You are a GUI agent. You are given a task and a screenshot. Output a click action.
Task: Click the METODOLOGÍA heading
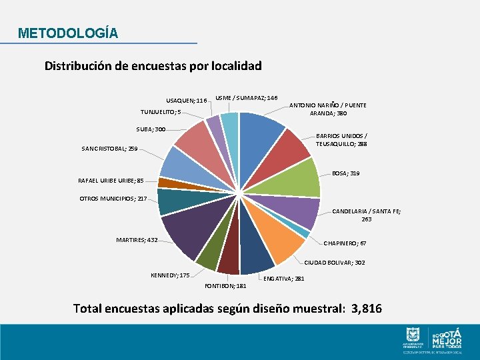coord(68,33)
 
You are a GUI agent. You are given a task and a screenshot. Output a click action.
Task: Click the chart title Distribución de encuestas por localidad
coord(153,66)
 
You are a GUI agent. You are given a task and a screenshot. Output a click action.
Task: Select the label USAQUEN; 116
coord(187,101)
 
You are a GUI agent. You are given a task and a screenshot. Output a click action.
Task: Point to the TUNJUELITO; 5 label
coord(160,112)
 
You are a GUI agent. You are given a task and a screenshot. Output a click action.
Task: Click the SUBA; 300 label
coord(150,129)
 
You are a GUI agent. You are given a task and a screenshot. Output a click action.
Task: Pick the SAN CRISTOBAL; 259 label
coord(109,149)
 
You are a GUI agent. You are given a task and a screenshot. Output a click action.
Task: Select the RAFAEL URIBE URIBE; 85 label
coord(111,180)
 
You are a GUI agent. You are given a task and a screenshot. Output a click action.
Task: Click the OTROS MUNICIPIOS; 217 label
coord(113,198)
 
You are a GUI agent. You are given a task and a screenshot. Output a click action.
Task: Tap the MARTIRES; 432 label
coord(137,239)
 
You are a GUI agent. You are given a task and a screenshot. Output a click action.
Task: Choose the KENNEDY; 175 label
coord(171,275)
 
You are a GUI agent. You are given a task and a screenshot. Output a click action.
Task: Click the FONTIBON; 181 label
coord(225,286)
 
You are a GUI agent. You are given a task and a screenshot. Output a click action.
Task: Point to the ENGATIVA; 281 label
coord(285,279)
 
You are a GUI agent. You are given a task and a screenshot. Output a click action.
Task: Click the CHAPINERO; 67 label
coord(345,243)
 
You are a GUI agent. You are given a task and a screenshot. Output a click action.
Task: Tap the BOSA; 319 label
coord(345,173)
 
